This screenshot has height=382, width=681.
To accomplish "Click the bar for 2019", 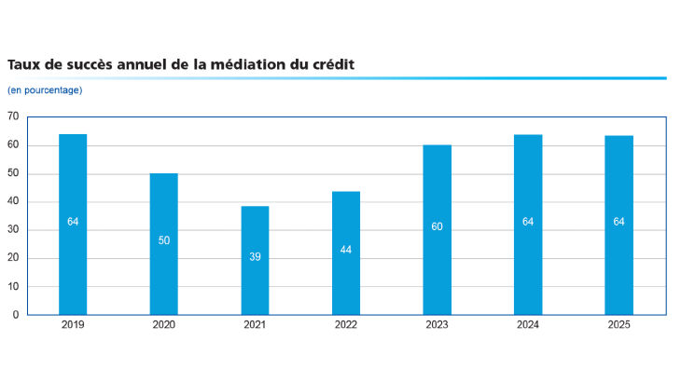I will [73, 225].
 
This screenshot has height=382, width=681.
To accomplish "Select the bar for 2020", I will [163, 244].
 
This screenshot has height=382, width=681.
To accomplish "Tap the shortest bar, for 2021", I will [255, 260].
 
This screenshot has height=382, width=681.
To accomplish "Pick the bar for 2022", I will [346, 252].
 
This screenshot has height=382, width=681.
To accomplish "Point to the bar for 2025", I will [618, 225].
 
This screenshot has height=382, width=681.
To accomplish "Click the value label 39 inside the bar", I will [255, 256].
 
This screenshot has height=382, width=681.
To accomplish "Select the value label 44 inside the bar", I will [346, 250].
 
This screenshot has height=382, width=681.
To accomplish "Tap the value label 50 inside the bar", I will [163, 240].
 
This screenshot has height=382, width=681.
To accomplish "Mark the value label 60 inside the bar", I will [437, 227].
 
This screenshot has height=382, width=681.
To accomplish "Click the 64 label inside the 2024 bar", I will [528, 222].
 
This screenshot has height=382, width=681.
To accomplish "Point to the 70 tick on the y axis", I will [13, 116].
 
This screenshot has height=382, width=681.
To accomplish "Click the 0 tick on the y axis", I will [16, 315].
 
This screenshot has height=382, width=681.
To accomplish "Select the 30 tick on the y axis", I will [13, 230].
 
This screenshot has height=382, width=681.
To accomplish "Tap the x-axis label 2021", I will [255, 325].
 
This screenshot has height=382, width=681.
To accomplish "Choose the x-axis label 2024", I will [528, 325].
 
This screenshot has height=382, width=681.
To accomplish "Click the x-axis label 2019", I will [73, 325].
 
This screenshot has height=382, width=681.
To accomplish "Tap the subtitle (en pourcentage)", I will [45, 90].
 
